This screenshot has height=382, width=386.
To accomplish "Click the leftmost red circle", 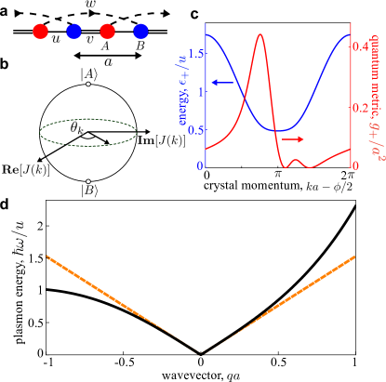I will click(x=40, y=32).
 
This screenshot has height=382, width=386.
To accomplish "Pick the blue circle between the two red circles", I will click(x=73, y=32).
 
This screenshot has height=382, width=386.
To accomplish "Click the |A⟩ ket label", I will click(x=89, y=74).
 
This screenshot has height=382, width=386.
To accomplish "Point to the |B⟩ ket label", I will click(x=89, y=191).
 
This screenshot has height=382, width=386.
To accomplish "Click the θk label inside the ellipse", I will click(x=77, y=127).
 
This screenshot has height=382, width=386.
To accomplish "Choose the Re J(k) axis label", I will click(x=25, y=169).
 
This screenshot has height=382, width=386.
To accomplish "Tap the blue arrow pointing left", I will click(x=221, y=83).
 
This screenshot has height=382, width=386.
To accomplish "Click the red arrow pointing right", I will click(x=293, y=139).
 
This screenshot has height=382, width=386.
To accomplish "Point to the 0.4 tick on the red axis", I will click(x=360, y=46).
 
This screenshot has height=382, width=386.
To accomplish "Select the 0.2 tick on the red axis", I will click(x=360, y=107).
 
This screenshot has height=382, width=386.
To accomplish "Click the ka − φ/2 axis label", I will click(x=329, y=187).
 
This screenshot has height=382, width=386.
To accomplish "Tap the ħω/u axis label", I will click(x=20, y=237).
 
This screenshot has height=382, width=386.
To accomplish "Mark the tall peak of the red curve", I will click(x=260, y=35).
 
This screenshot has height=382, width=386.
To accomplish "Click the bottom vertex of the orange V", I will click(x=203, y=352).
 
